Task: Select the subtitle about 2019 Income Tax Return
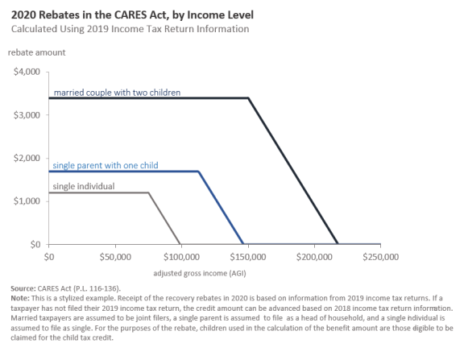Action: pos(130,29)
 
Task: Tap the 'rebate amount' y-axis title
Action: pos(37,52)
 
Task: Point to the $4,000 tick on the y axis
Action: pos(27,72)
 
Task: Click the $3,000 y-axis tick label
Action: pos(27,115)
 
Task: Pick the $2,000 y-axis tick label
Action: pos(27,158)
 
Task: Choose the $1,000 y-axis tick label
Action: pos(27,201)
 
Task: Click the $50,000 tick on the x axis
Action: pos(115,257)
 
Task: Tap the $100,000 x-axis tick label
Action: pos(181,257)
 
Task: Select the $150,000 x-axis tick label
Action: pos(248,257)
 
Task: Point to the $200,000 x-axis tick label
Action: pos(314,257)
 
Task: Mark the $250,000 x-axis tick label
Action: pos(380,257)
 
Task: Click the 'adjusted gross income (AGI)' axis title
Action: pos(200,273)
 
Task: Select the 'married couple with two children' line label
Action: pos(117,93)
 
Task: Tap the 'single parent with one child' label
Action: pos(106,165)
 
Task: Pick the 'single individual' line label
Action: pos(84,186)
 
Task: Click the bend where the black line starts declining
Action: pos(248,98)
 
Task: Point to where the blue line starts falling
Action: pos(198,172)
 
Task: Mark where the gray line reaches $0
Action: pos(180,244)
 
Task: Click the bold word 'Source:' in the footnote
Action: pos(23,288)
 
